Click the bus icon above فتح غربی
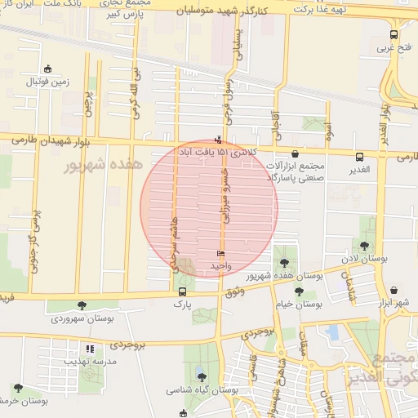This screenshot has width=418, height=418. (394, 34)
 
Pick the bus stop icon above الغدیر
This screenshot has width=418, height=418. (359, 157)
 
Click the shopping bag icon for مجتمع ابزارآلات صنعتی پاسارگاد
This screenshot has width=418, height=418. (295, 153)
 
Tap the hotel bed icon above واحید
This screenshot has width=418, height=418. (219, 254)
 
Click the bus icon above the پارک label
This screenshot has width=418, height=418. (181, 291)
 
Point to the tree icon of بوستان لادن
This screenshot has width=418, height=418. (364, 246)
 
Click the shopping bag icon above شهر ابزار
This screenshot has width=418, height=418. (394, 290)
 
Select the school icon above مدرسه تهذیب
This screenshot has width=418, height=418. (90, 349)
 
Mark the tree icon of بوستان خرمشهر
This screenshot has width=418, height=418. (18, 388)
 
